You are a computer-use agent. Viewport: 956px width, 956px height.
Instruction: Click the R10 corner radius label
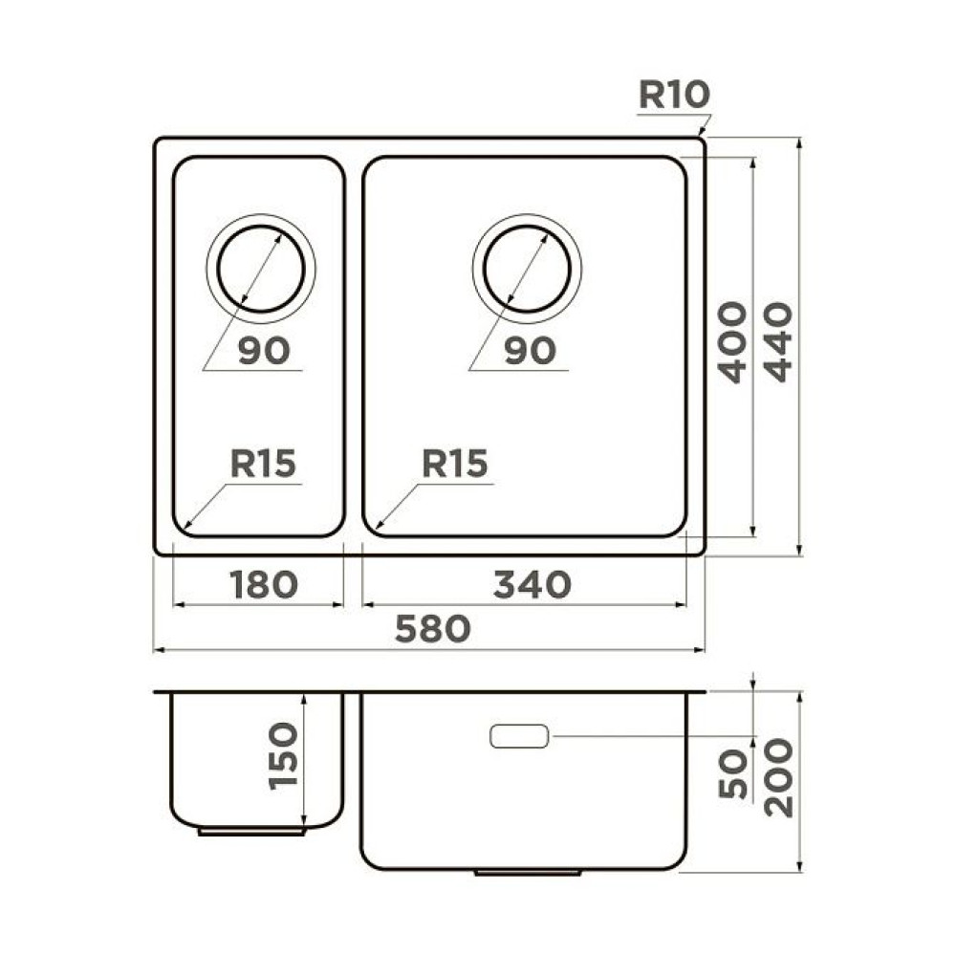point(673,96)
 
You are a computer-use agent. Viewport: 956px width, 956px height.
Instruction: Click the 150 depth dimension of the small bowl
point(283,755)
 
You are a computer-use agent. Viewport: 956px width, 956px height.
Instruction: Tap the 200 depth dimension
point(779,776)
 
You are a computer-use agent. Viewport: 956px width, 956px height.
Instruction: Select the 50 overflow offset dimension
point(731,774)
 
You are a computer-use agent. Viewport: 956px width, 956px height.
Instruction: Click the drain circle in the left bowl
point(260,268)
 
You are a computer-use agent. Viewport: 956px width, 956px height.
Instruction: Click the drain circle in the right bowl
point(526,268)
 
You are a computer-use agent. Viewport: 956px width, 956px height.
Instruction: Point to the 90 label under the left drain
point(263,351)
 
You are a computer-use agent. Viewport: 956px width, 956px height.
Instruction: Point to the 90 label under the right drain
point(529,351)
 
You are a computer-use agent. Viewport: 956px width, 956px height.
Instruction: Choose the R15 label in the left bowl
point(263,465)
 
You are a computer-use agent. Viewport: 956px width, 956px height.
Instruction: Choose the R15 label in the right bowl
point(455,465)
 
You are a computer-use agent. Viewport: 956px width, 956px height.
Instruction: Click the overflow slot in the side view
point(518,737)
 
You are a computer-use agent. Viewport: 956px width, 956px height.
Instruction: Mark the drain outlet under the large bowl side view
point(528,873)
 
